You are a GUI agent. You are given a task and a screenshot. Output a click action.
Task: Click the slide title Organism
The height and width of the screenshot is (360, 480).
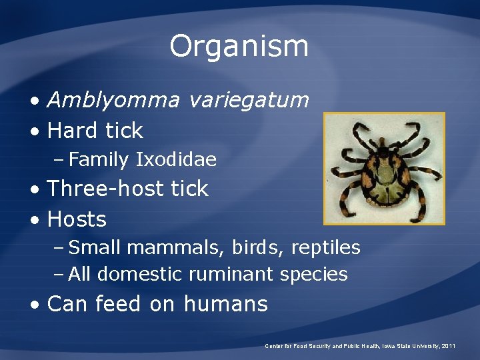click(239, 46)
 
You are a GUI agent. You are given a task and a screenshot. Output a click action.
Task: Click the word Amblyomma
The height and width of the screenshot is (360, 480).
click(113, 101)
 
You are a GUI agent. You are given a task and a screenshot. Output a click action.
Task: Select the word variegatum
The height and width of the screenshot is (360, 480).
click(249, 101)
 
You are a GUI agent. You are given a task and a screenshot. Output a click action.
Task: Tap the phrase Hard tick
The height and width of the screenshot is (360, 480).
click(95, 131)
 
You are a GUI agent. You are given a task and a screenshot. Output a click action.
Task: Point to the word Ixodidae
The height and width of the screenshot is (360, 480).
click(176, 160)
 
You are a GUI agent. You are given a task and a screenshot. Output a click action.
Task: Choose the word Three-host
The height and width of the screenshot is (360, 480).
click(107, 189)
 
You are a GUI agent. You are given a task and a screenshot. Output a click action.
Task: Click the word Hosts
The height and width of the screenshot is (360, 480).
click(77, 219)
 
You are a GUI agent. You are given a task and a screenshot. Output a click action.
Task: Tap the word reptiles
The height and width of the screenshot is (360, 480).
click(325, 247)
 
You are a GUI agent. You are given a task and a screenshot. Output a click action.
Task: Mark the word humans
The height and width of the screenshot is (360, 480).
click(225, 304)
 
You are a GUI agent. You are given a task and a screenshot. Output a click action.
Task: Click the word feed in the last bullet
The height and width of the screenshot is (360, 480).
click(118, 304)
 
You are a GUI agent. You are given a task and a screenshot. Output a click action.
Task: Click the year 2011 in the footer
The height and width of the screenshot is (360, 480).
click(449, 346)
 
